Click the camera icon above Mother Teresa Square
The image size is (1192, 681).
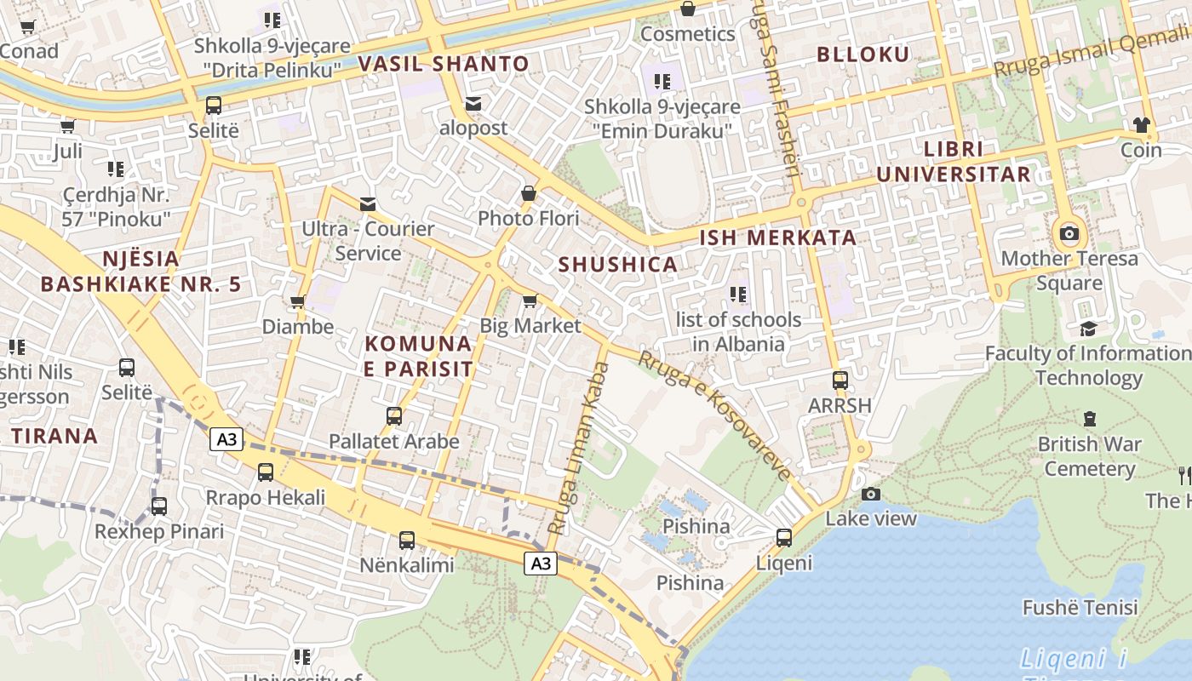click(1069, 233)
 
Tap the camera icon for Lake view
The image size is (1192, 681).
click(870, 494)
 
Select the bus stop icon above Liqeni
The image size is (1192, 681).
click(784, 538)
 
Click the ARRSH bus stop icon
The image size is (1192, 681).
click(840, 381)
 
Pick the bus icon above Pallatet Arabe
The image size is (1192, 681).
click(394, 416)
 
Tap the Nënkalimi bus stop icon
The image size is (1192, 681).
click(407, 541)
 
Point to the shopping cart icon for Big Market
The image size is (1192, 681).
click(530, 300)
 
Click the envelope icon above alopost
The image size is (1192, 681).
click(473, 104)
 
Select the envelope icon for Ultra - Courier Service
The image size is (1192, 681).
click(368, 204)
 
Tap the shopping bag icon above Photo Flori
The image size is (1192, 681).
click(529, 193)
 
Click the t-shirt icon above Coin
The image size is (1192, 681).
click(1141, 125)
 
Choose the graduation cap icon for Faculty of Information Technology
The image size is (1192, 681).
click(1088, 329)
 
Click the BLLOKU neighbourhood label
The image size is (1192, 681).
click(862, 54)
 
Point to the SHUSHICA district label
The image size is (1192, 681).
click(618, 265)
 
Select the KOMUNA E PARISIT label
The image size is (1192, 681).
click(418, 356)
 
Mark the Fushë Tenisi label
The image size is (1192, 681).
click(1080, 608)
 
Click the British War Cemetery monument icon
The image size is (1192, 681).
click(1089, 419)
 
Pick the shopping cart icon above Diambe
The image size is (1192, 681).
click(298, 302)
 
